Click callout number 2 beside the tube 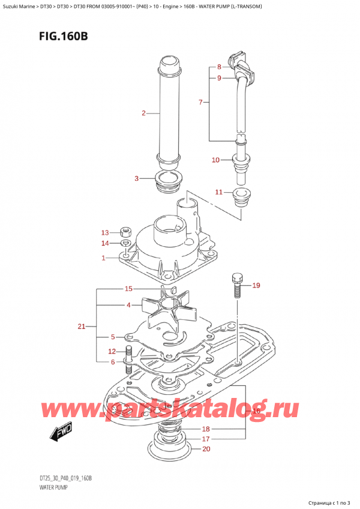coord(143,112)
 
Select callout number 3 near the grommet coord(137,178)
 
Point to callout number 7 coord(200,103)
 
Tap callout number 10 coord(216,160)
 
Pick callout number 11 coord(219,192)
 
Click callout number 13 coord(104,232)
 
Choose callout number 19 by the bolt coord(256,285)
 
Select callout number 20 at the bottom coord(207,449)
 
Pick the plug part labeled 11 coord(244,197)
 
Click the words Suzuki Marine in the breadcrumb coord(21,6)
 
